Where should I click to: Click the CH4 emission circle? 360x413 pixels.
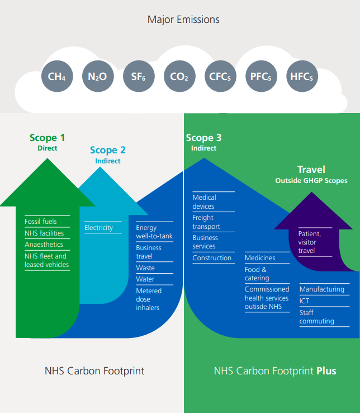[x=57, y=77]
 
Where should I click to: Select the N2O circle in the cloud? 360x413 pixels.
[x=97, y=77]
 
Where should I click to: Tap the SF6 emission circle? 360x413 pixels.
[x=138, y=77]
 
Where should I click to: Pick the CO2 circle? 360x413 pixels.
[x=179, y=77]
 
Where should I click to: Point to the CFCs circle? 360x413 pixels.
[x=220, y=77]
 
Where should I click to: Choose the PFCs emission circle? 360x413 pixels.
[x=260, y=77]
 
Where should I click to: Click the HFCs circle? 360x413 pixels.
[x=301, y=77]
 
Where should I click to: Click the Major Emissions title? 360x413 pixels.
[x=183, y=20]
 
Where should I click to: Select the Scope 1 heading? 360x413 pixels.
[x=47, y=138]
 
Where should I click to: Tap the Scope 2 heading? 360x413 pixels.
[x=108, y=150]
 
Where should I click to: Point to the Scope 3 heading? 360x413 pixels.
[x=203, y=138]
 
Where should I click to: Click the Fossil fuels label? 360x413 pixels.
[x=41, y=222]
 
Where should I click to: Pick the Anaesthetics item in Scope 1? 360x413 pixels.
[x=44, y=245]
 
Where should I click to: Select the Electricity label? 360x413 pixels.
[x=98, y=228]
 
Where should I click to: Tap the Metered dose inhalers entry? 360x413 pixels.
[x=149, y=299]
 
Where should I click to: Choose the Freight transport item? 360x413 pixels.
[x=206, y=222]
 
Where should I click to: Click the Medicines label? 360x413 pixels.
[x=260, y=258]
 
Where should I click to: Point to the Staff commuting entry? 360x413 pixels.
[x=316, y=317]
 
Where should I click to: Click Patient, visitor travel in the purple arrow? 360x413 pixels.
[x=310, y=242]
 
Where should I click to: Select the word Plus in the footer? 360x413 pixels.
[x=326, y=371]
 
